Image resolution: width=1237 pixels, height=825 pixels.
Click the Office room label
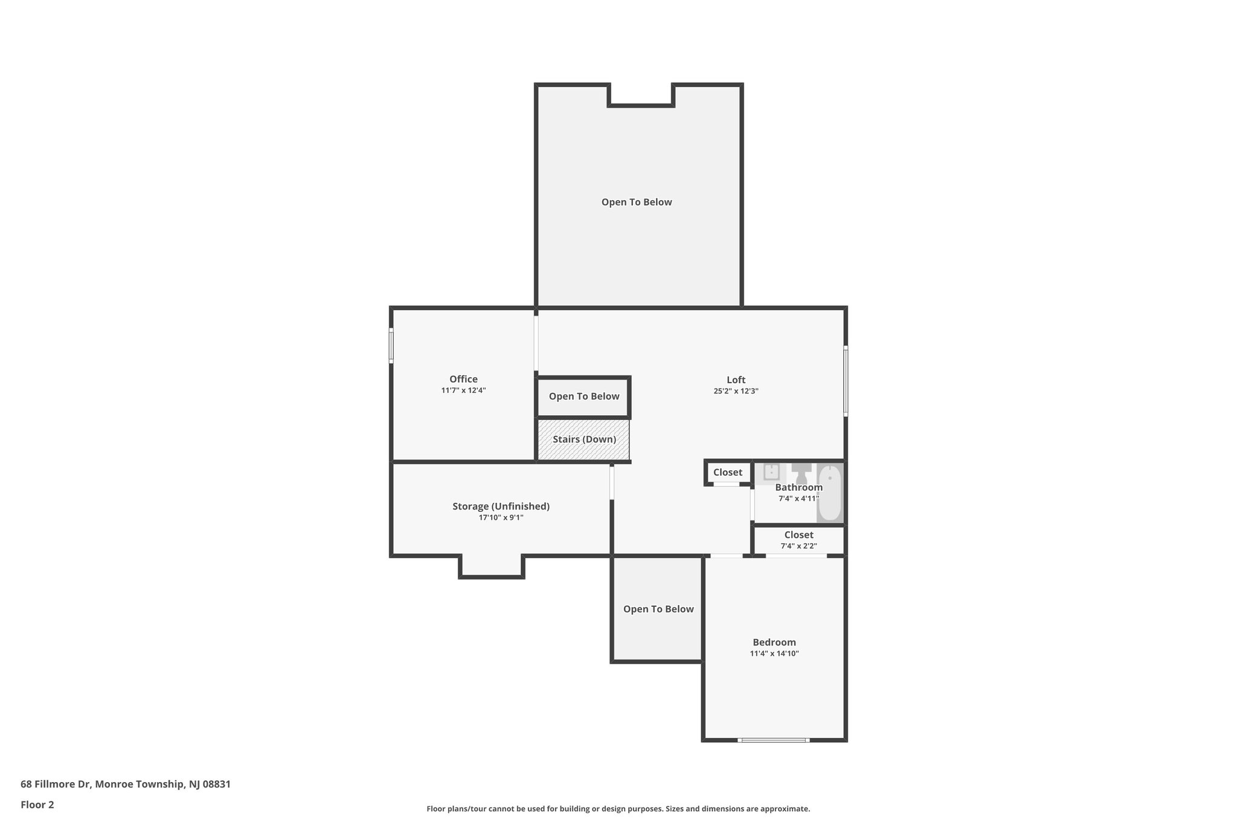[463, 380]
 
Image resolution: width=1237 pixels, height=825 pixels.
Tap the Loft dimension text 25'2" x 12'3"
[736, 391]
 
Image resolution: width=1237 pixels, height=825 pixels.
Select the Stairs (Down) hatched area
[583, 439]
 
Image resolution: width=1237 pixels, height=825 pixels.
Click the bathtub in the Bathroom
[830, 493]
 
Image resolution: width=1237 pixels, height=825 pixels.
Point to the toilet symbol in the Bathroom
[802, 473]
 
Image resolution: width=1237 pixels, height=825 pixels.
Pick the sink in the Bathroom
[771, 471]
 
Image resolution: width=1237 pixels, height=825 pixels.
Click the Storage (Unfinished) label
[501, 506]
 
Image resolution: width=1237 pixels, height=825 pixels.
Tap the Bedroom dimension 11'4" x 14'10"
[774, 653]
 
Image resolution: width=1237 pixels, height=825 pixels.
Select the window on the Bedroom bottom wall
[773, 740]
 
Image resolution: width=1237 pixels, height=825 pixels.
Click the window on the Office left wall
[391, 346]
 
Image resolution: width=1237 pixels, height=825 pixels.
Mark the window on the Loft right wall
[846, 381]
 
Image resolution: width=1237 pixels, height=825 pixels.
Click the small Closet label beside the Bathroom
[727, 473]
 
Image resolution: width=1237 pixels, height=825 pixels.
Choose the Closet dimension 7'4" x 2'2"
[798, 546]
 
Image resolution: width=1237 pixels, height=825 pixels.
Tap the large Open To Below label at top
[636, 202]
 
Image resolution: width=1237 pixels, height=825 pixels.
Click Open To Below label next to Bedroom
[658, 609]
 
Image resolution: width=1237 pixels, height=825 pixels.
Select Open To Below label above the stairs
[583, 396]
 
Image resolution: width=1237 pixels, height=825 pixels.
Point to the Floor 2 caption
[37, 804]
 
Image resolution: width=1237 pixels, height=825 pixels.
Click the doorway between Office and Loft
[536, 343]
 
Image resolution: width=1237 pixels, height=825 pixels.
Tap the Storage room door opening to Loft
[612, 482]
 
